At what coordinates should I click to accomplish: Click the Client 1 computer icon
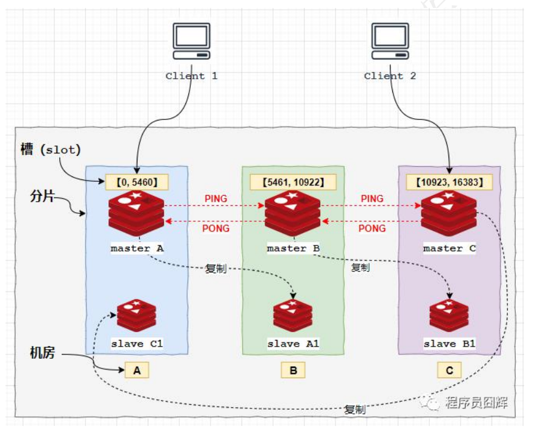pyautogui.click(x=191, y=42)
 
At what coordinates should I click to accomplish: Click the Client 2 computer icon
pyautogui.click(x=390, y=42)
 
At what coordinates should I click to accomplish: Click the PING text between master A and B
pyautogui.click(x=216, y=199)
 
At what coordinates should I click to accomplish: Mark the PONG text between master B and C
pyautogui.click(x=372, y=228)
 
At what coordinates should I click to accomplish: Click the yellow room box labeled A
pyautogui.click(x=137, y=370)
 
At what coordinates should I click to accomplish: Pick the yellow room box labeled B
pyautogui.click(x=293, y=370)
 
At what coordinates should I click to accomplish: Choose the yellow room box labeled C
pyautogui.click(x=449, y=370)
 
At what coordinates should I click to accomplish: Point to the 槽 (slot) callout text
pyautogui.click(x=51, y=150)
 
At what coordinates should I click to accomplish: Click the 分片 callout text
pyautogui.click(x=43, y=196)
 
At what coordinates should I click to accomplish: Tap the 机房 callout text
pyautogui.click(x=43, y=353)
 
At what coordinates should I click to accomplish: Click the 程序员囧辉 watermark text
pyautogui.click(x=476, y=402)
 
